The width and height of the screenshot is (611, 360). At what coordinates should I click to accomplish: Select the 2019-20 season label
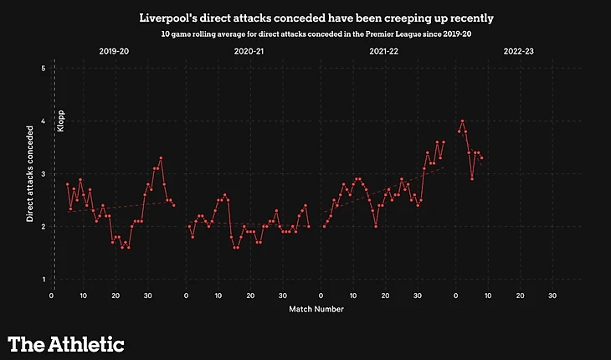coord(115,51)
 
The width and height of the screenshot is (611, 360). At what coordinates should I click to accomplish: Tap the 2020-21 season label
coord(249,51)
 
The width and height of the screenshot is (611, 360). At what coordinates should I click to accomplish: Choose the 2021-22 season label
coord(384,51)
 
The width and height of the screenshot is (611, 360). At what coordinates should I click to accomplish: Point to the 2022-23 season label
coord(519,51)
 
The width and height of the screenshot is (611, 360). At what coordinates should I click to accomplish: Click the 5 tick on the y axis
coord(43,68)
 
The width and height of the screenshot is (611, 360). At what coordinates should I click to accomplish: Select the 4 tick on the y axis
coord(43,121)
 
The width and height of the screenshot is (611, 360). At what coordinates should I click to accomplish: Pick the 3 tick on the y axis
coord(43,173)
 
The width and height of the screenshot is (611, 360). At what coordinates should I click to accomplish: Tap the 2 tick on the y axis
coord(43,226)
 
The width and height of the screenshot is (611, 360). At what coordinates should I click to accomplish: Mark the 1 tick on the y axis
coord(43,279)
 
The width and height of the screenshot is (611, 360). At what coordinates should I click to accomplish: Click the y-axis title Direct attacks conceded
coord(29,173)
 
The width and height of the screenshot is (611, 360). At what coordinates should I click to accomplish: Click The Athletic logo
coord(66,343)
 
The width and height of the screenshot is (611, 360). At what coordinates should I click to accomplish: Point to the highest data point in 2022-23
coord(462,121)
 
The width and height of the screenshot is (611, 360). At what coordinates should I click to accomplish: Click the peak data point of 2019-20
coord(161,157)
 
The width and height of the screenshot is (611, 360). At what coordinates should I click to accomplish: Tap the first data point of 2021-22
coord(323,226)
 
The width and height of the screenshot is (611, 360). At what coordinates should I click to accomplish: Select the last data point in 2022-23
coord(481,157)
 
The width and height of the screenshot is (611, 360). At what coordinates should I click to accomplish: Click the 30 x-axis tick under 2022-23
coord(552,295)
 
